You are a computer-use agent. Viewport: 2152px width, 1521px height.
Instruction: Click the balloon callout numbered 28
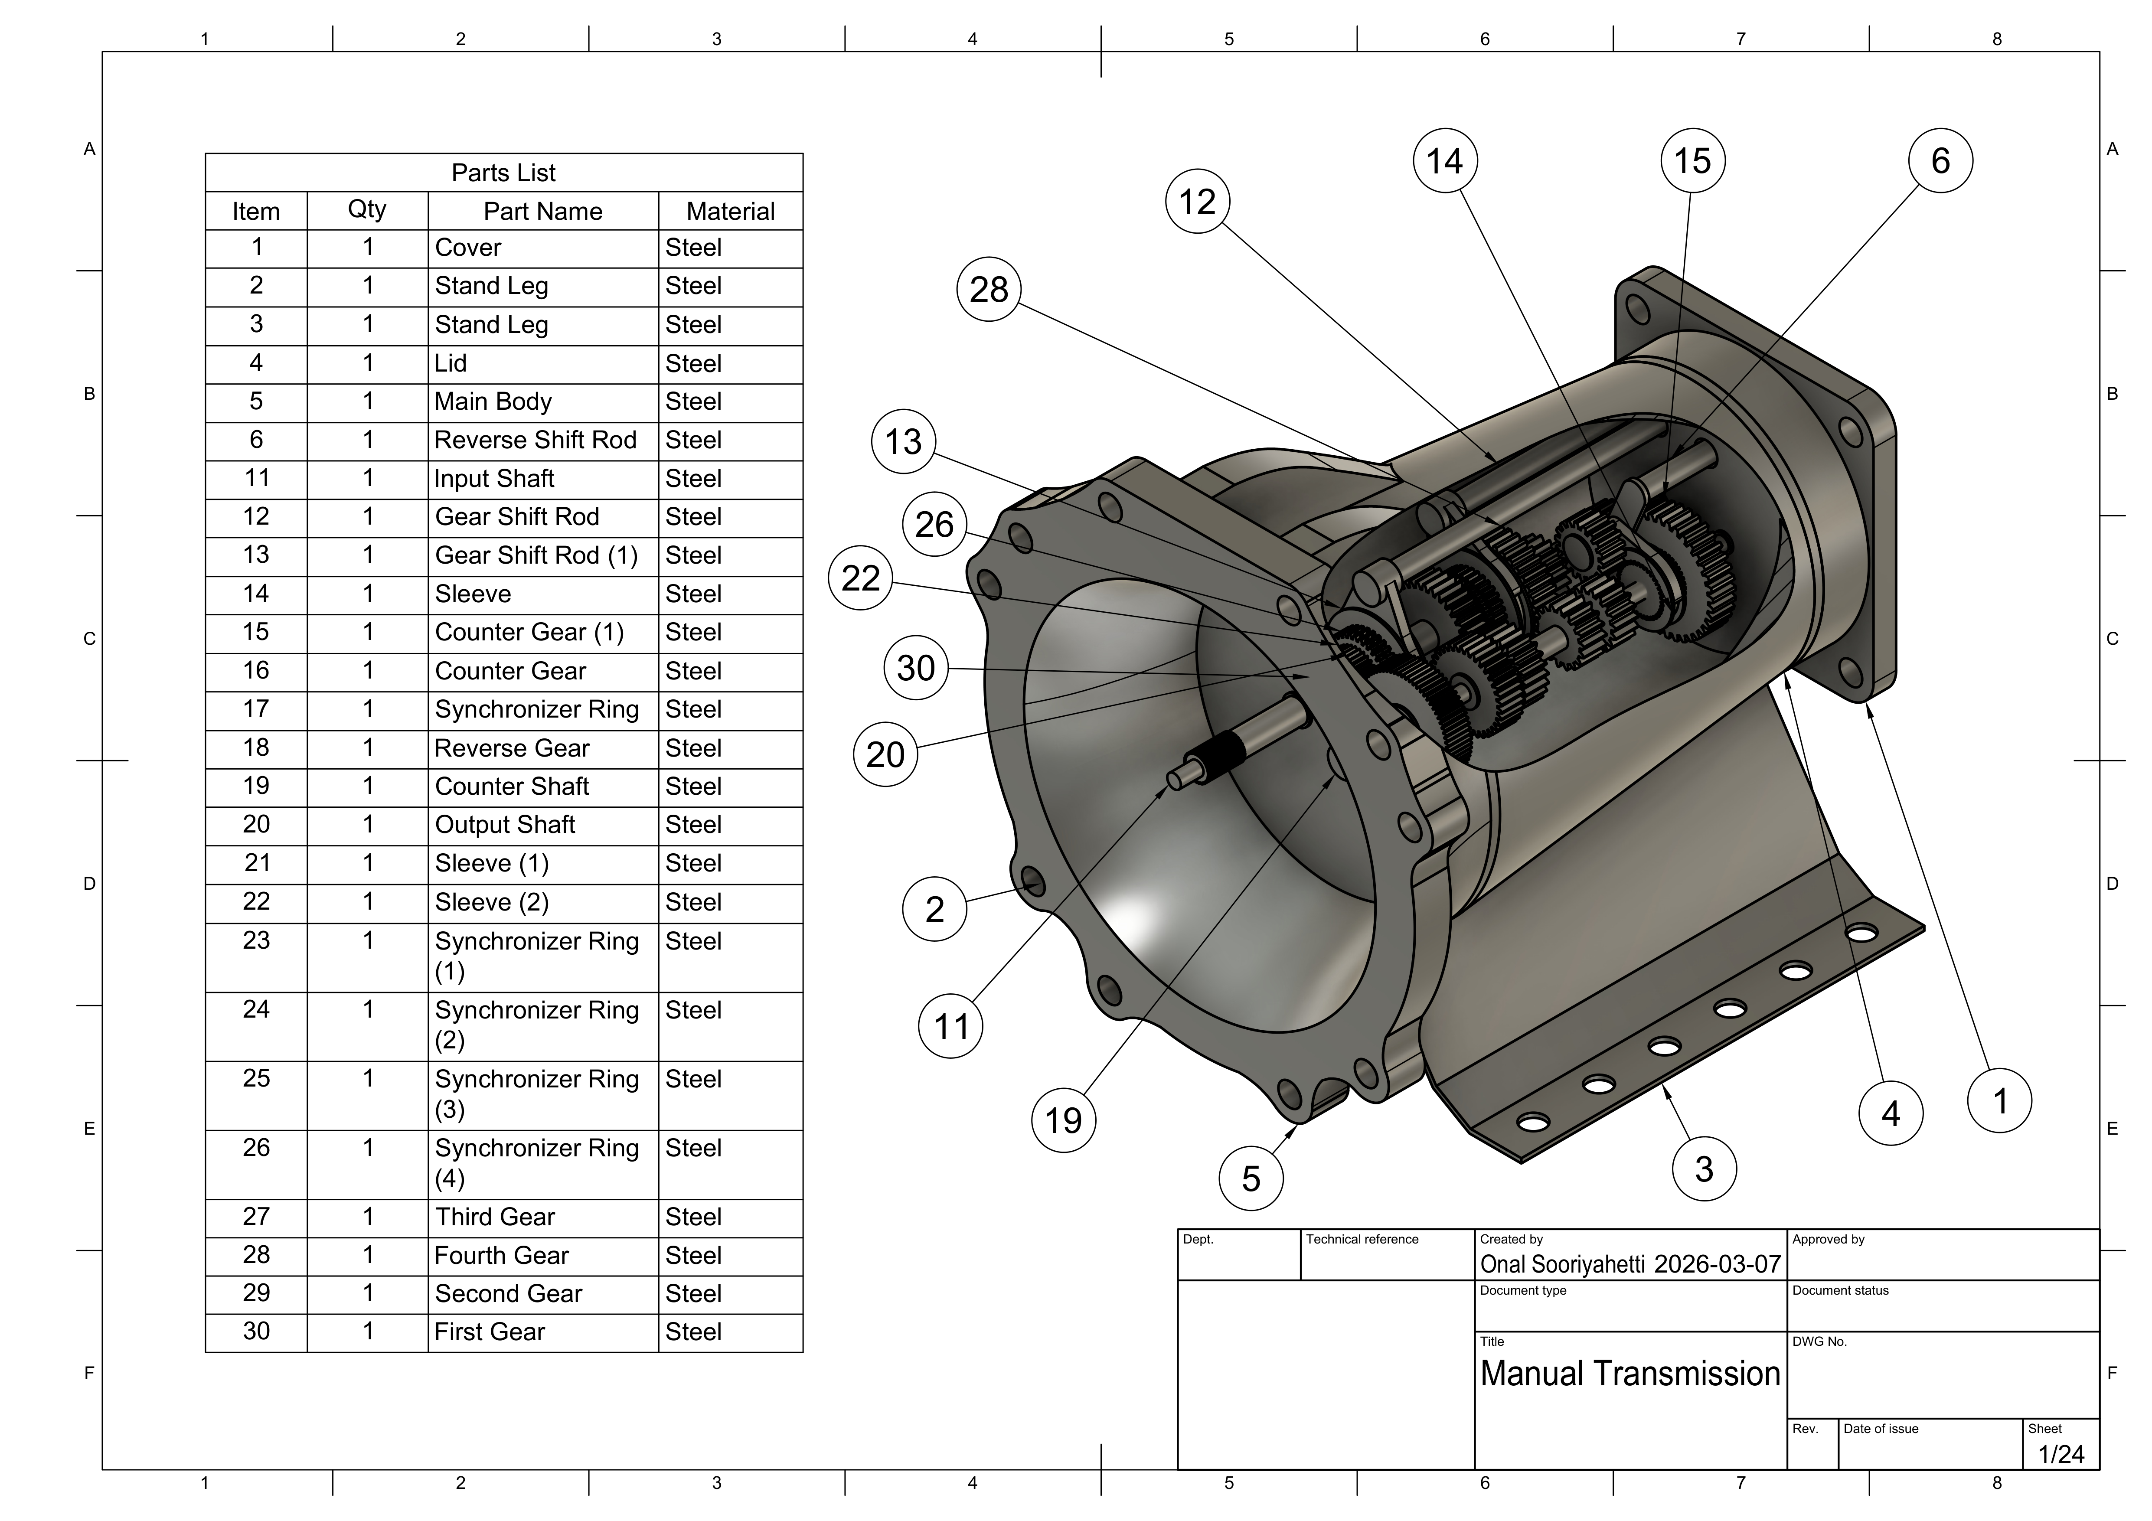(x=989, y=290)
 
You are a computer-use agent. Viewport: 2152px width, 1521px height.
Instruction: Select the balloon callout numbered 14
(x=1444, y=161)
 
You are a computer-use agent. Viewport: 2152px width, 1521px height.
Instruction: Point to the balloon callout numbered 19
(x=1063, y=1120)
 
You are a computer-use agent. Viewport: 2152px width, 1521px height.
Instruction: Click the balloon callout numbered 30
(x=916, y=668)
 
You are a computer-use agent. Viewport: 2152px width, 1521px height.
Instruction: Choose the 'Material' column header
(x=730, y=212)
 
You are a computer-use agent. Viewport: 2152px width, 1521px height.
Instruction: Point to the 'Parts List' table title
(x=503, y=173)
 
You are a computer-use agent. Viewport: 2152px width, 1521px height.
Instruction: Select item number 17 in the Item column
(x=256, y=709)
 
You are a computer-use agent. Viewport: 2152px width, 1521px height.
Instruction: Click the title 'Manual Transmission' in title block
(x=1630, y=1374)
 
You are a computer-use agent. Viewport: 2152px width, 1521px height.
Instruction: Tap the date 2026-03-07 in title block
(x=1717, y=1264)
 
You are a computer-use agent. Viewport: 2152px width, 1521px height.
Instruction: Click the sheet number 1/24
(x=2061, y=1455)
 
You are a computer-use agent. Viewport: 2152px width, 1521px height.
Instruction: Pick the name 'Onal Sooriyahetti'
(x=1562, y=1264)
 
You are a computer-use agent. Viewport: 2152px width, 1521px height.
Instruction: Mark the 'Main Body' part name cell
(x=493, y=402)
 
